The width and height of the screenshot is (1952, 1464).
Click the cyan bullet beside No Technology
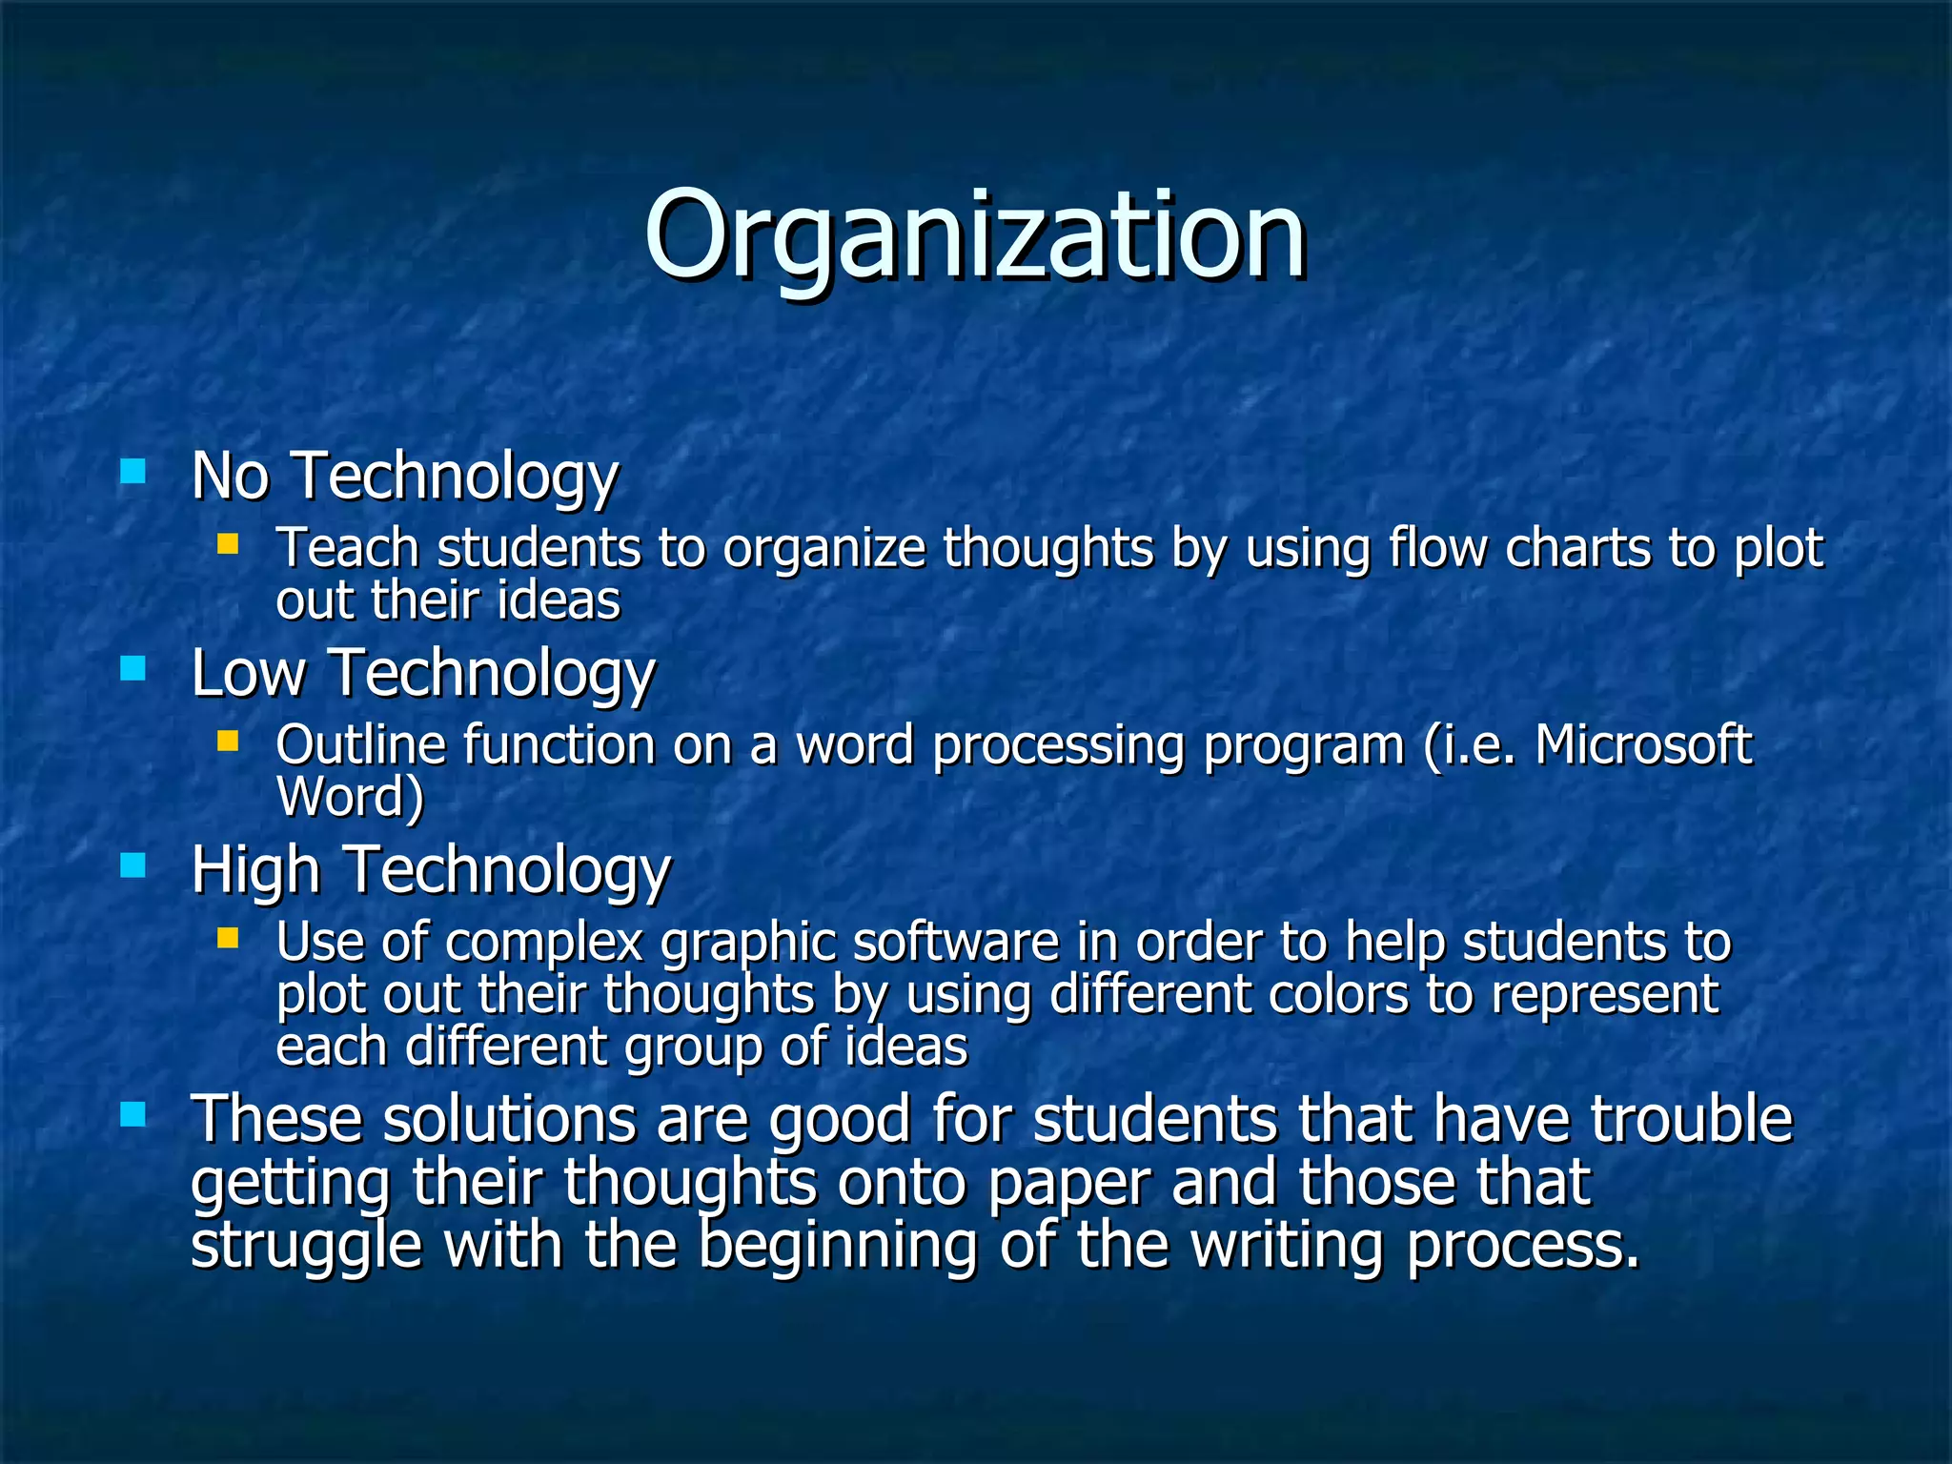tap(133, 471)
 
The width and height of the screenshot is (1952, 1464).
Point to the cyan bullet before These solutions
tap(133, 1113)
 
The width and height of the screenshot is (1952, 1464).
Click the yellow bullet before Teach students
tap(227, 544)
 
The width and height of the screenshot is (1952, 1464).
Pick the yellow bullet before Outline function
tap(227, 741)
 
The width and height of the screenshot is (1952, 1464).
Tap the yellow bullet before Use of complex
tap(227, 938)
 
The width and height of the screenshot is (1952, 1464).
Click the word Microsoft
tap(1642, 744)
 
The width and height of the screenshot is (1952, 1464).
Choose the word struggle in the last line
tap(306, 1247)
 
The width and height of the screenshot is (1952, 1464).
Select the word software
tap(955, 942)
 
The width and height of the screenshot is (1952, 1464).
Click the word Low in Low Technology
tap(248, 673)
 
